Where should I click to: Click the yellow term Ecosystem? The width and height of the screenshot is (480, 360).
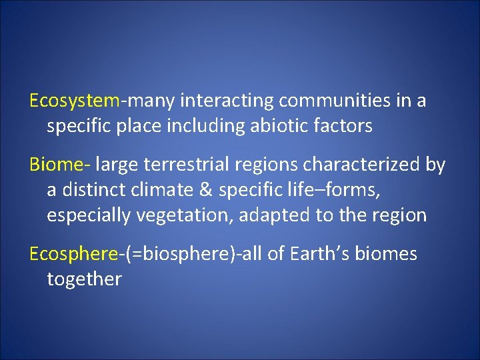(x=74, y=101)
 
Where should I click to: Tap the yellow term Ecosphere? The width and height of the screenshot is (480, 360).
(x=73, y=254)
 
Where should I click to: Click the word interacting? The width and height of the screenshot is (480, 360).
(x=227, y=101)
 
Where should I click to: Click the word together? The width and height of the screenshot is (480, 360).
(x=84, y=279)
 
